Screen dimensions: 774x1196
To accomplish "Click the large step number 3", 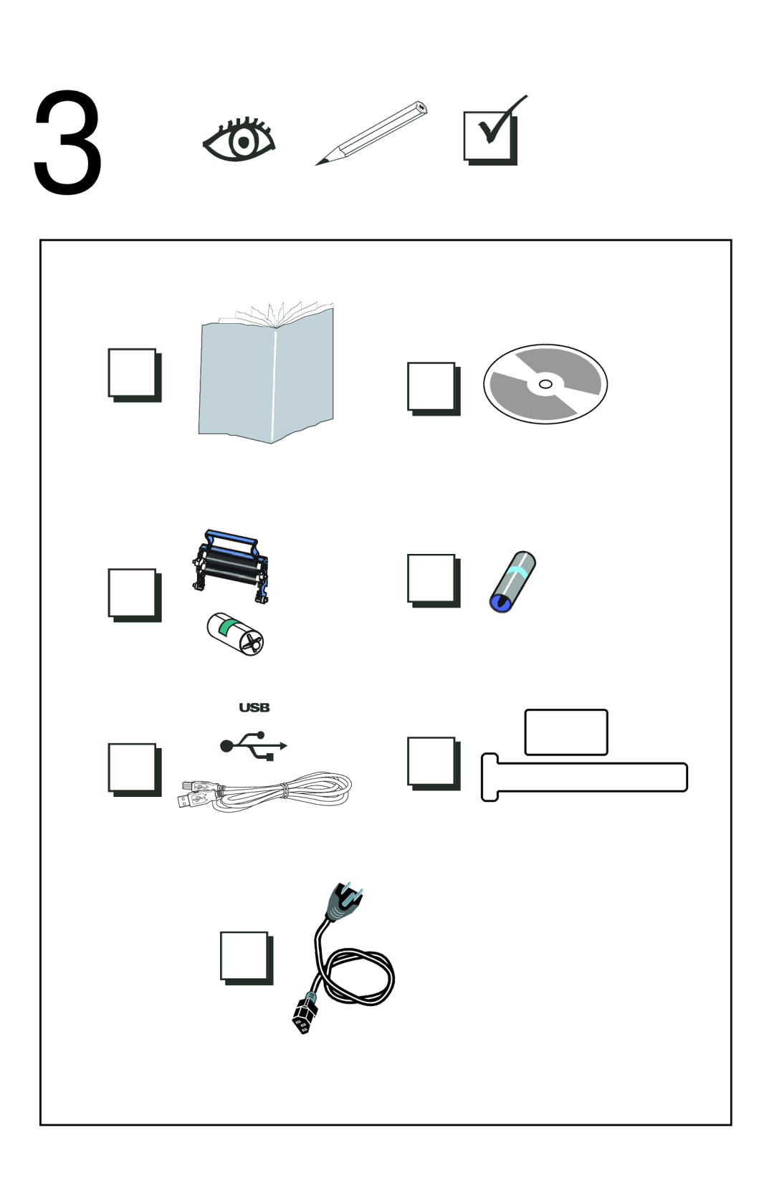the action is [x=67, y=142].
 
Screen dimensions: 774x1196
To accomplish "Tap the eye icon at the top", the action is [x=239, y=139].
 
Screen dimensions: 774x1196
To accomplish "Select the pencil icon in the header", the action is [x=371, y=133].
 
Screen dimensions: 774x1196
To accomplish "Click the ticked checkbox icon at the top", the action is [x=494, y=132].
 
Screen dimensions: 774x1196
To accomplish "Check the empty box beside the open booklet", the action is [x=134, y=375].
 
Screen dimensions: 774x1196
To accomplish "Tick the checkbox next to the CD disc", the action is [x=433, y=388].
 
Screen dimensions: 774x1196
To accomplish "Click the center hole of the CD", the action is [x=545, y=384].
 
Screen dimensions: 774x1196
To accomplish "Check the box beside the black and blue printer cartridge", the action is [x=134, y=595].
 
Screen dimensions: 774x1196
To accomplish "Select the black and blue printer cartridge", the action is [x=231, y=566].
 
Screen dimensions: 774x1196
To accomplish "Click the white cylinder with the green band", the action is [x=236, y=633].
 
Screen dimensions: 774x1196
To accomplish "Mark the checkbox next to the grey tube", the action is [x=433, y=580].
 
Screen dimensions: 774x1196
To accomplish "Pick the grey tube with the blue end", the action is [x=512, y=582].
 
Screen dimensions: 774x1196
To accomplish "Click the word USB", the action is [x=254, y=707].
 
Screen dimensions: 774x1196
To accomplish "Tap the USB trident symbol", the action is [x=254, y=745].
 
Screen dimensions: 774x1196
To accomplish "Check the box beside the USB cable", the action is [x=134, y=770].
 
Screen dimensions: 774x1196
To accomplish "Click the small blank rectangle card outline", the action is [x=566, y=732].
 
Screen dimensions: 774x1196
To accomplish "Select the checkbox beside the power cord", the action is [x=247, y=958].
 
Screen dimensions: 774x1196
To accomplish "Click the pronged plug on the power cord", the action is [x=345, y=901].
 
